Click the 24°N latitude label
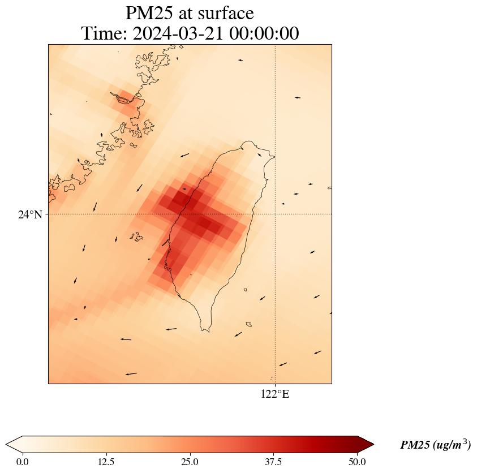[x=30, y=214]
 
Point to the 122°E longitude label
[x=275, y=394]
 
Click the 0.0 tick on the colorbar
[x=23, y=461]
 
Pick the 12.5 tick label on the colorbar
[x=106, y=461]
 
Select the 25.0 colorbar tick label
[x=190, y=461]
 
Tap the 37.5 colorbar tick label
[x=273, y=461]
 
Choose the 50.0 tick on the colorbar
[x=356, y=461]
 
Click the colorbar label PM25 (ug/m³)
[x=435, y=445]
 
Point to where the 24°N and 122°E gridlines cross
[x=275, y=214]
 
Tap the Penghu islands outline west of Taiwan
[x=136, y=237]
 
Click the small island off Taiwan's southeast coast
[x=248, y=324]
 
